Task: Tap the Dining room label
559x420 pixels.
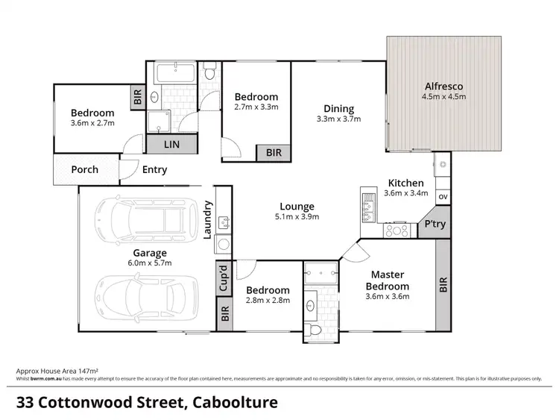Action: (339, 108)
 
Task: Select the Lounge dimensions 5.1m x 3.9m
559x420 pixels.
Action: (297, 217)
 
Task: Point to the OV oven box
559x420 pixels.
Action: (443, 197)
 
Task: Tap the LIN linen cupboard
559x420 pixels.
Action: (171, 143)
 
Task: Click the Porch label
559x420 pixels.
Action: (84, 169)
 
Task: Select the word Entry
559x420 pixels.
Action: (154, 169)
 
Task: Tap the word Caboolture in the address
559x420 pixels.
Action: (236, 404)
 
